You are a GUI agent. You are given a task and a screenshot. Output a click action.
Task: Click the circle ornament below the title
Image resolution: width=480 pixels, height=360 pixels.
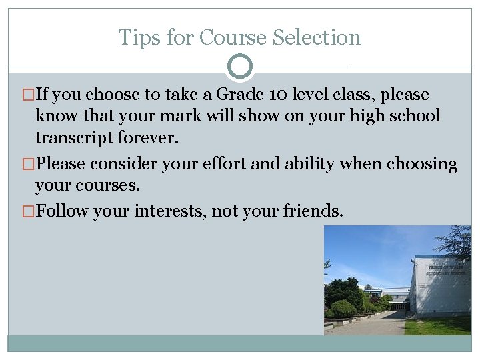[240, 67]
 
